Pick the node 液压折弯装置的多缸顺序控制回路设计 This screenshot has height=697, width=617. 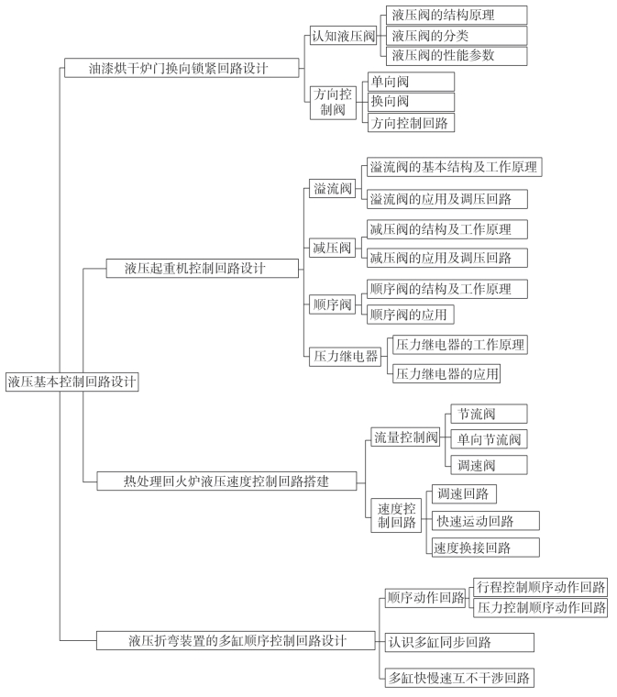tap(237, 639)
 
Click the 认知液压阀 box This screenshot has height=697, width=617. tap(344, 36)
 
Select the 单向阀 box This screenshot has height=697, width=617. tap(410, 81)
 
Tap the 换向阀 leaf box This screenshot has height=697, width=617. tap(410, 101)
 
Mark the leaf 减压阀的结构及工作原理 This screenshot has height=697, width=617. tap(447, 229)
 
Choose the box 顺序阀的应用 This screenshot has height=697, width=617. tap(410, 315)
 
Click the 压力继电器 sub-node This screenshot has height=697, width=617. tap(346, 358)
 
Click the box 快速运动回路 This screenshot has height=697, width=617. tap(486, 521)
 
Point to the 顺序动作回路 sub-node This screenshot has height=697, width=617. tap(425, 598)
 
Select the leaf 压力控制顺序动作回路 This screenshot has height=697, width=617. tap(541, 607)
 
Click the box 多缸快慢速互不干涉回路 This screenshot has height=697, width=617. tap(458, 678)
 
